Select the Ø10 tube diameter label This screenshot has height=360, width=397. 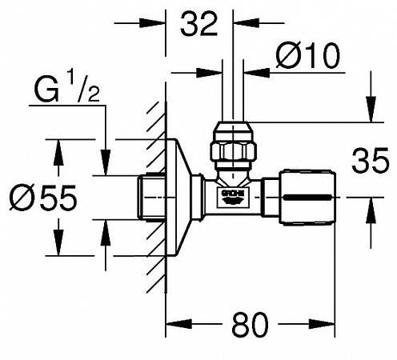(x=309, y=57)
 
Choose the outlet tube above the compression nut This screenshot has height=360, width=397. (x=233, y=88)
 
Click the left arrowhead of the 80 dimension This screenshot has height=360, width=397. (x=171, y=326)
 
